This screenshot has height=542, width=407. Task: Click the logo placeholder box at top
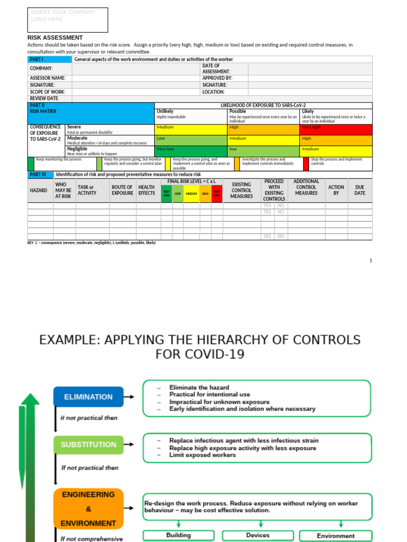67,20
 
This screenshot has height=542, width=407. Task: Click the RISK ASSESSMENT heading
55,38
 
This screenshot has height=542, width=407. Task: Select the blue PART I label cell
49,59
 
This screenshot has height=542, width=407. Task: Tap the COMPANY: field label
41,68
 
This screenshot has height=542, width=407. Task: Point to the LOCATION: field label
214,92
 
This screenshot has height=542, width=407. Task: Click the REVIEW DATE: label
45,98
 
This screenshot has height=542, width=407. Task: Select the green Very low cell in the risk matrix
191,149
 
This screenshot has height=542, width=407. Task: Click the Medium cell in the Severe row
191,128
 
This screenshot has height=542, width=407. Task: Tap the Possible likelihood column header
238,112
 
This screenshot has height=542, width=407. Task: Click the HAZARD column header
38,190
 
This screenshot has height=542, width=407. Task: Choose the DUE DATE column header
359,190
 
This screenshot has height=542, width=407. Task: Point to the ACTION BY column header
336,190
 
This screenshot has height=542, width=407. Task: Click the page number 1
371,260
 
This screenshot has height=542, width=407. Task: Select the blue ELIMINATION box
88,397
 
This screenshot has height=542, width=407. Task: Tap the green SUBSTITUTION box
88,445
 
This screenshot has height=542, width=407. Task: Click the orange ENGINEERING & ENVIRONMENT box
88,509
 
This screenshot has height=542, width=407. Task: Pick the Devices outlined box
258,536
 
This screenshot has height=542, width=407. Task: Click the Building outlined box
179,536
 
